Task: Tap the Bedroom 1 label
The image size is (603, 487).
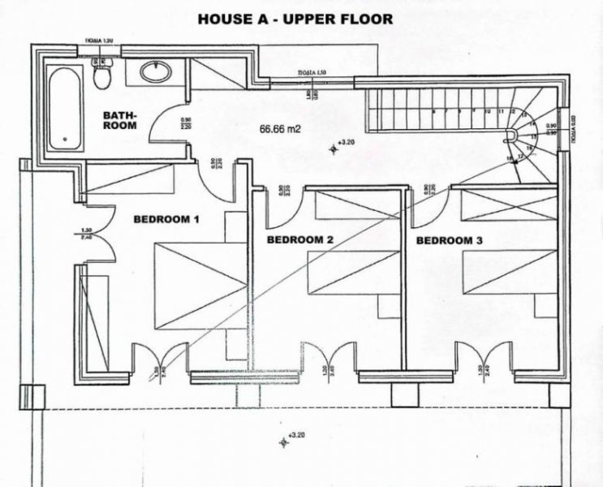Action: point(166,220)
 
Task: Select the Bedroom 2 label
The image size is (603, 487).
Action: point(300,239)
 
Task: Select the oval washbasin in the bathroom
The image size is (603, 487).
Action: point(155,72)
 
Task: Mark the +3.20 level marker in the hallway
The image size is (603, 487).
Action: point(335,147)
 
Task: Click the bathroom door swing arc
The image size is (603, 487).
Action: point(174,122)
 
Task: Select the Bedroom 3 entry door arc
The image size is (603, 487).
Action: point(430,208)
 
